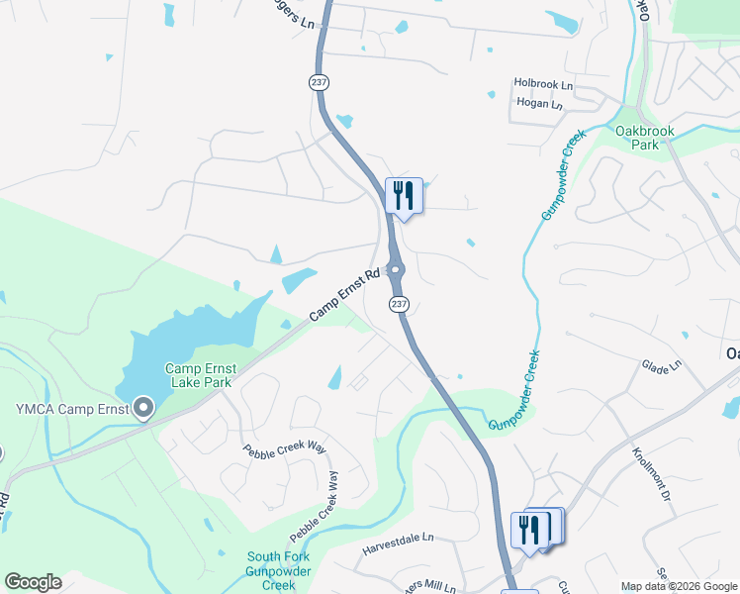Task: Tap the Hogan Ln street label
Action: point(538,104)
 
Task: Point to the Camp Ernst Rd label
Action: point(344,296)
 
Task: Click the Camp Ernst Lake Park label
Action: point(199,374)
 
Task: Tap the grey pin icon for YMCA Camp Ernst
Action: point(143,408)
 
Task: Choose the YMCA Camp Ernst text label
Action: point(72,409)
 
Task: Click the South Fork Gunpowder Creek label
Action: point(278,570)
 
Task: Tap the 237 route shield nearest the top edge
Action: point(319,82)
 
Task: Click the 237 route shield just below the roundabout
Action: point(398,304)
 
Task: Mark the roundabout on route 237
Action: point(396,270)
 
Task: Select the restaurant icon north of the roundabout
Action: point(404,195)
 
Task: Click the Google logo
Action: point(33,582)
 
